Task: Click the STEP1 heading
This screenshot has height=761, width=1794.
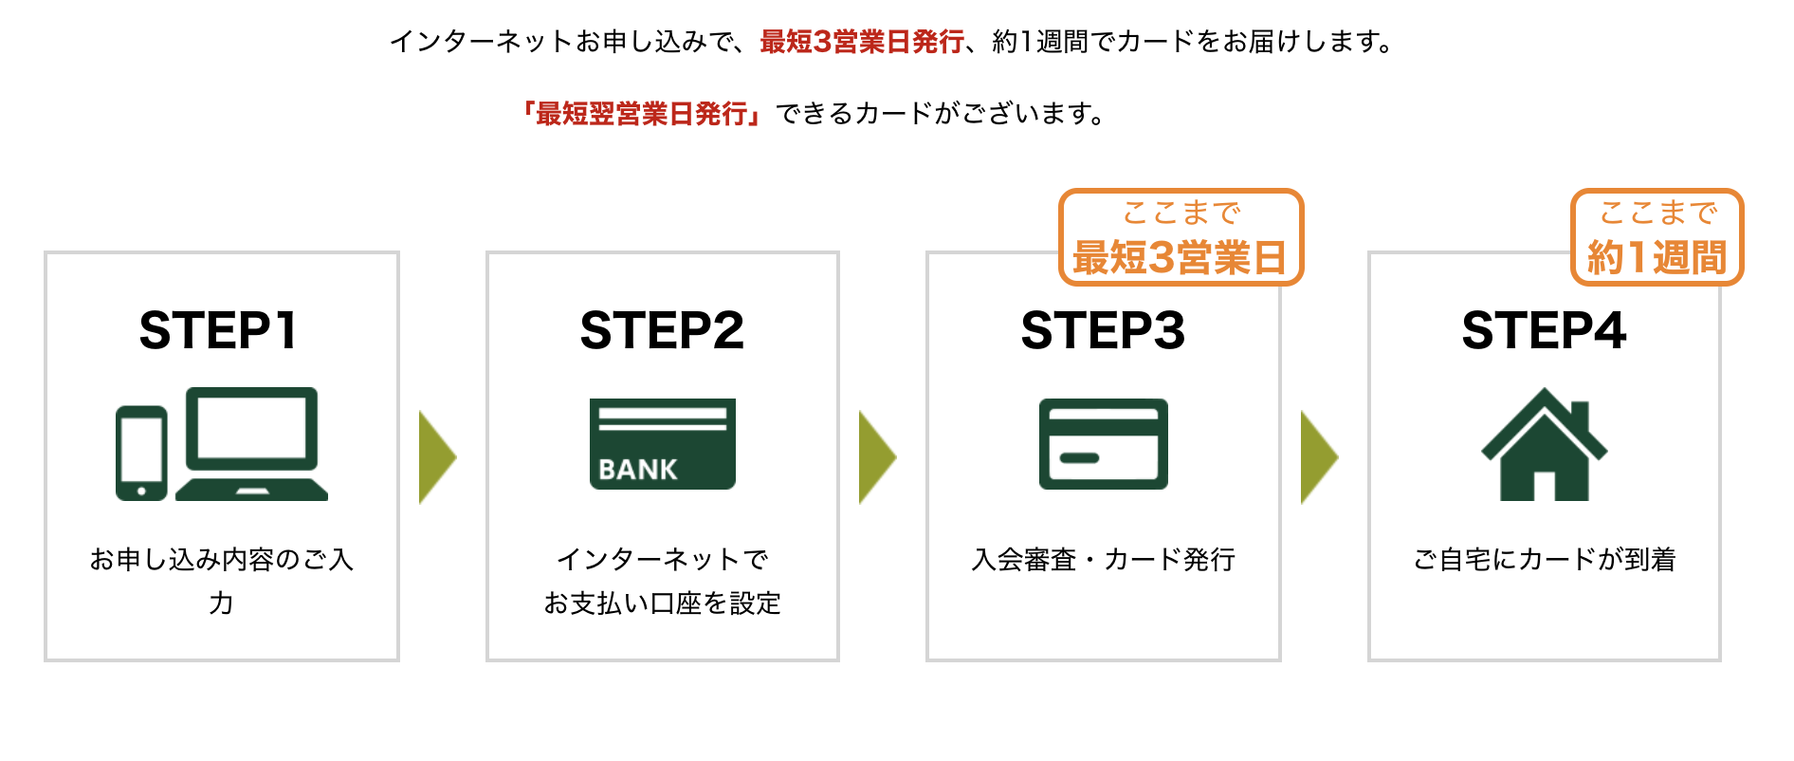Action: pos(219,330)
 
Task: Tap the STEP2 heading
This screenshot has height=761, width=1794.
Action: pos(662,330)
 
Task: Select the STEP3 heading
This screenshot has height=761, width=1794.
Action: pos(1103,330)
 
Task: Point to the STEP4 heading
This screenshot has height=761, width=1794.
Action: pos(1544,330)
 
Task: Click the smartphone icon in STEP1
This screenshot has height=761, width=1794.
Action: pos(141,453)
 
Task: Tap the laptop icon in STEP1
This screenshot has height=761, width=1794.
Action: pos(252,442)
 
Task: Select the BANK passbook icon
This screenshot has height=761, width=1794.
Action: pos(662,443)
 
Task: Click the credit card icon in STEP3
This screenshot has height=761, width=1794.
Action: pos(1103,443)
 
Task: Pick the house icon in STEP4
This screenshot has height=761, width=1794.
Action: pos(1544,445)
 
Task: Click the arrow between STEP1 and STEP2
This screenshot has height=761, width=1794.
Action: pos(437,456)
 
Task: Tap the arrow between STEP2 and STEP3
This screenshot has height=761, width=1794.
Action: pos(877,456)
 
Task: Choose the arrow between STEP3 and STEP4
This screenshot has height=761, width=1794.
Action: pos(1319,456)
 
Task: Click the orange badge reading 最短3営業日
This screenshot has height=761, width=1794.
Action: pos(1181,237)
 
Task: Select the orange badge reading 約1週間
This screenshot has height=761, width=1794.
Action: pos(1657,237)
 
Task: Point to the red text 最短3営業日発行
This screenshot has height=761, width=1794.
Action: pos(862,42)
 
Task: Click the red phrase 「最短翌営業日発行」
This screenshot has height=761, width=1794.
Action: pos(642,114)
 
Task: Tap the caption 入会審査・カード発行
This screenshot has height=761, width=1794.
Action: pos(1103,560)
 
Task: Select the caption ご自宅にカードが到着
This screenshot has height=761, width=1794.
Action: pos(1544,560)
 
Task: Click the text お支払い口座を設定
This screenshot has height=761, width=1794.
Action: pos(662,603)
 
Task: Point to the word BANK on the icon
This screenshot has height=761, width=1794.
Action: pos(638,470)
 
